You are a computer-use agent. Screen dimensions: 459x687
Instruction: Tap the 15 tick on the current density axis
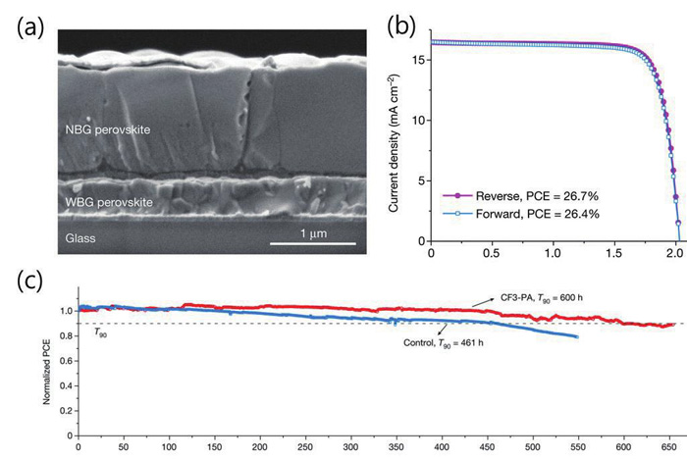pyautogui.click(x=418, y=60)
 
